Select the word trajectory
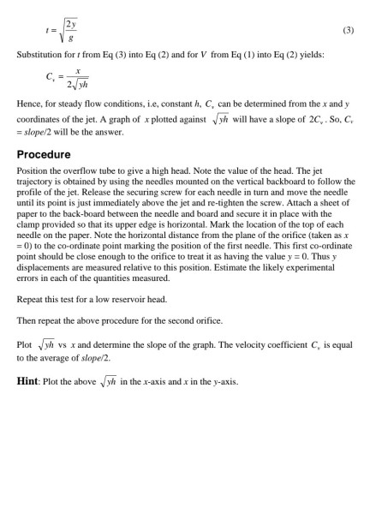coord(36,182)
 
